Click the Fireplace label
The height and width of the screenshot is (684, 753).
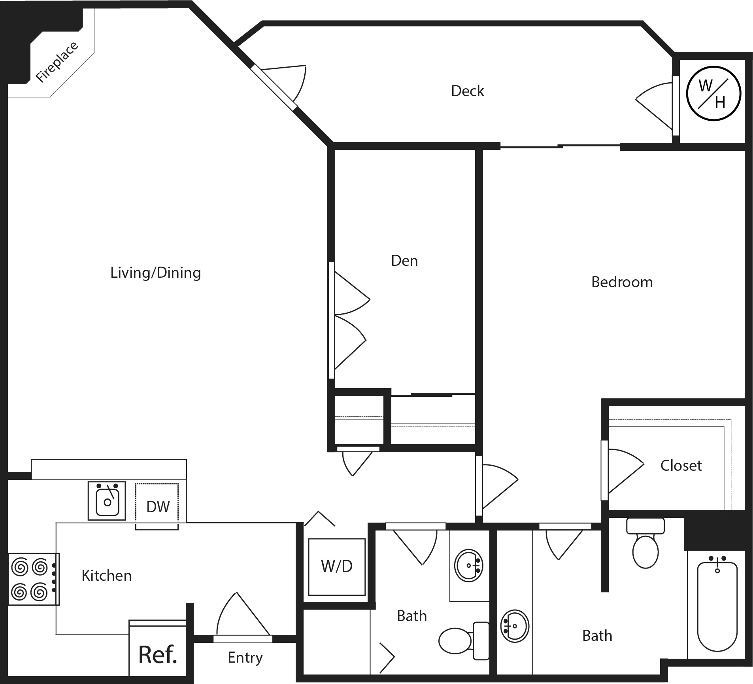57,62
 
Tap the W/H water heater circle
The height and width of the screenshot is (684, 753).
713,94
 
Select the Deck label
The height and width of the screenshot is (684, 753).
467,91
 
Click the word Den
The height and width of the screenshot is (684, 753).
404,261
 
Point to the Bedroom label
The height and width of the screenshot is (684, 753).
622,282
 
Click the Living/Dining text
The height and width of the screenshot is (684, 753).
155,273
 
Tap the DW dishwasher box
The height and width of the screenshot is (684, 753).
157,506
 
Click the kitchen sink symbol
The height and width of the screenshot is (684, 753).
107,500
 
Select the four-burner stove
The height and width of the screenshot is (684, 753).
33,579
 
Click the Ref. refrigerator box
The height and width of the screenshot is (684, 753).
157,654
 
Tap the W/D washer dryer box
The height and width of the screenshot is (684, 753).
337,567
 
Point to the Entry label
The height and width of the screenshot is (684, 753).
245,657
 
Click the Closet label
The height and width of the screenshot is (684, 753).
681,466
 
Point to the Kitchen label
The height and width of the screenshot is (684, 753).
106,576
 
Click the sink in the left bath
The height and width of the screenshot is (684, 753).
468,565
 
